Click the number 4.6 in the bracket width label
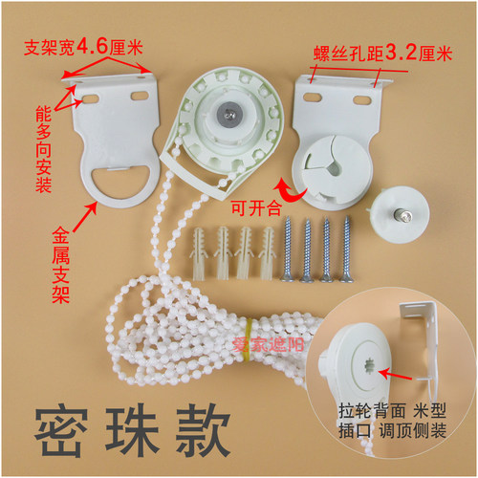click(x=93, y=47)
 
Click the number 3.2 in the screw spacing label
click(x=401, y=53)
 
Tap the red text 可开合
click(x=256, y=207)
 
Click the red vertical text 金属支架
click(x=60, y=265)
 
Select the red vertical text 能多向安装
click(x=44, y=149)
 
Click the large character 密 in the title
click(x=61, y=431)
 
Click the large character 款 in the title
click(x=204, y=431)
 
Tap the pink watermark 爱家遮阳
click(x=268, y=345)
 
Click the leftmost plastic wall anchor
click(x=198, y=253)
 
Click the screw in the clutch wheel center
click(x=229, y=113)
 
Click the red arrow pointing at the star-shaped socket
click(x=396, y=374)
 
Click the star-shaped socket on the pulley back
click(x=370, y=365)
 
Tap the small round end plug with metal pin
click(x=401, y=215)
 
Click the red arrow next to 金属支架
click(x=85, y=217)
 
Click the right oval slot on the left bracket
click(x=140, y=95)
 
